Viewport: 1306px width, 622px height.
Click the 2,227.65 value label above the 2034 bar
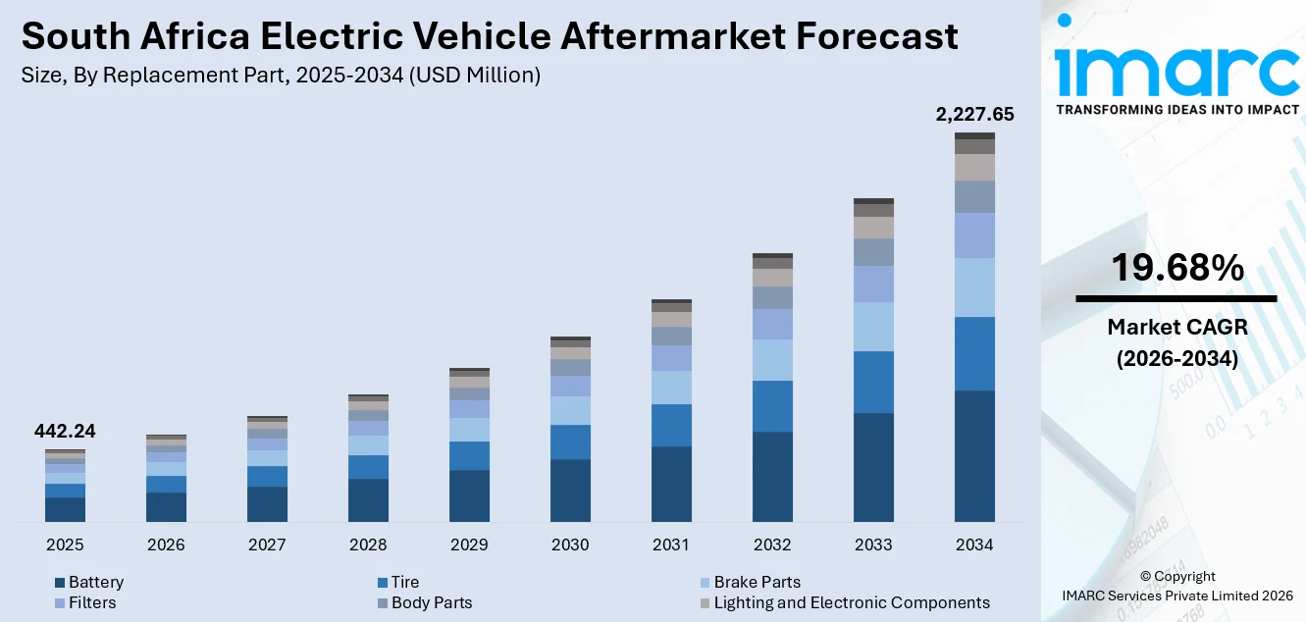974,115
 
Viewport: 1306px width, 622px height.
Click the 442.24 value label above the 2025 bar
65,432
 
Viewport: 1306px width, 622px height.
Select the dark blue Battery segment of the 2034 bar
974,456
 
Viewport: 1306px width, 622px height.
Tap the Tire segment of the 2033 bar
873,382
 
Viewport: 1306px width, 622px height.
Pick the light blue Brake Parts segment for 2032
772,360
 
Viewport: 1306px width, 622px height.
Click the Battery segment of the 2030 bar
570,490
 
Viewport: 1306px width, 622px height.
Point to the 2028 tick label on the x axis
368,544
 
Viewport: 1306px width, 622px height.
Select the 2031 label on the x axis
671,544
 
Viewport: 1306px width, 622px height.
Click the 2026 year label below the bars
166,544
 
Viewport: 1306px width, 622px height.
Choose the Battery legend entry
95,582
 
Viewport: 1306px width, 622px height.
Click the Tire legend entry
404,582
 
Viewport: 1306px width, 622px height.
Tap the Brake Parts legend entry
757,582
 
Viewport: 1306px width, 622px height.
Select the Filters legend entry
91,602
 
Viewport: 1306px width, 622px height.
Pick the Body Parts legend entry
431,602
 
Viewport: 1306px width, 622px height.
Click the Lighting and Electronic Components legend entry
851,602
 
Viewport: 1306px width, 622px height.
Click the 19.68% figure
1176,267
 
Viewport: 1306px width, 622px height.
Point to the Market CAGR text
1176,327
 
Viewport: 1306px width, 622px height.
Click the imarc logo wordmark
1176,69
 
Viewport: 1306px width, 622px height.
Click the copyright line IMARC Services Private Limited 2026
1177,596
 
